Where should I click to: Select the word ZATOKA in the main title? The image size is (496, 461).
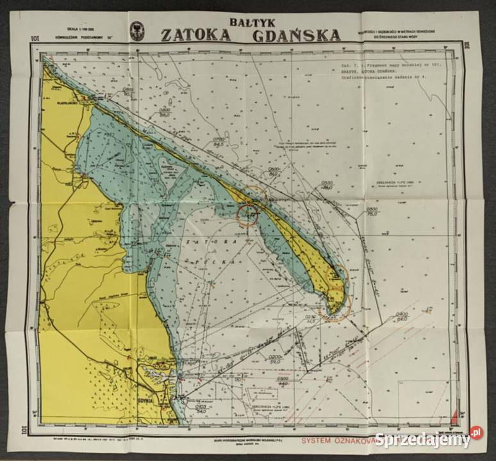tap(195, 35)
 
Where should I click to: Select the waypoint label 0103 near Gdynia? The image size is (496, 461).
tap(200, 407)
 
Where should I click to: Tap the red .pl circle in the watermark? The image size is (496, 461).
tap(476, 433)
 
